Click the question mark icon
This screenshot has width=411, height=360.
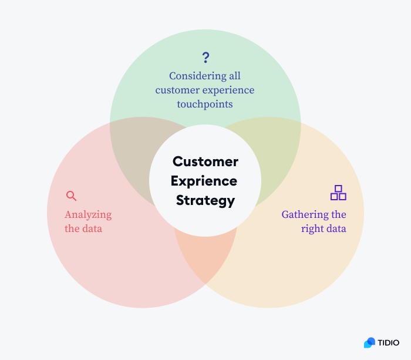click(206, 57)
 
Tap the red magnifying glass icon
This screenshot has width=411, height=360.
click(71, 196)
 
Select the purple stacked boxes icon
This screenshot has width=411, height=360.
click(338, 193)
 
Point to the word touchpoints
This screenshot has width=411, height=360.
click(205, 104)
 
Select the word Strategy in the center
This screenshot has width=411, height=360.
click(206, 200)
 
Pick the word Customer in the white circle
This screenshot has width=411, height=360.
click(206, 162)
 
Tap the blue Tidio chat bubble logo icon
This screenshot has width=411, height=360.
click(369, 342)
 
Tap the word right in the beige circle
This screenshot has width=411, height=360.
click(312, 228)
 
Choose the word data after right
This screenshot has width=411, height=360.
click(336, 228)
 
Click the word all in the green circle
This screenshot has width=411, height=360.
click(235, 76)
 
